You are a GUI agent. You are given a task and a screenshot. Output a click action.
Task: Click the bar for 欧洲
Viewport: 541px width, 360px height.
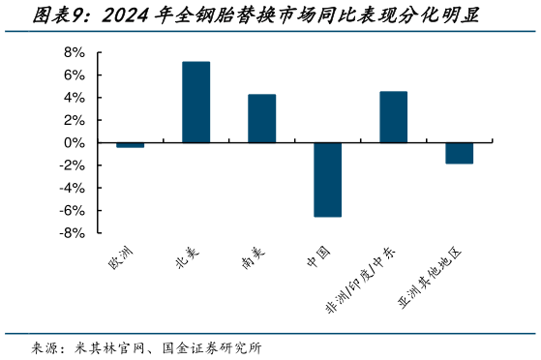(130, 145)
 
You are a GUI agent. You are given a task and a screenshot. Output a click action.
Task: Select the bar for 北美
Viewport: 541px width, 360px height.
(195, 103)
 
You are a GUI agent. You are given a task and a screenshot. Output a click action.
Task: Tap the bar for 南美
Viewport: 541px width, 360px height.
(261, 118)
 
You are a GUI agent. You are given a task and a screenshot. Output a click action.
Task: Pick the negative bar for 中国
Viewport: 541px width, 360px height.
(327, 179)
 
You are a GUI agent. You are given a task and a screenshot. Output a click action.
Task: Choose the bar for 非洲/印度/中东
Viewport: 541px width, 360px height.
(393, 117)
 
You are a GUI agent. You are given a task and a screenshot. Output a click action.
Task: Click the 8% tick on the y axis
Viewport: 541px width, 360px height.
(75, 52)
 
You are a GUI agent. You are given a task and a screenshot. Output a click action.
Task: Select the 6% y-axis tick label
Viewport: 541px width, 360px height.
(75, 75)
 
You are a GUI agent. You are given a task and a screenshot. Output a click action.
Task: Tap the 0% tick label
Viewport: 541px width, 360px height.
(75, 143)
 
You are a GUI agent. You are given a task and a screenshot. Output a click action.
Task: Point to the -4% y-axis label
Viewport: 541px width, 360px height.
(72, 188)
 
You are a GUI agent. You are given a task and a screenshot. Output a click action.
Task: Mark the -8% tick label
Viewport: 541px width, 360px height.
(72, 233)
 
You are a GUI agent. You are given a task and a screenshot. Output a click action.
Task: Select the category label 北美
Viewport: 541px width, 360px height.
(187, 258)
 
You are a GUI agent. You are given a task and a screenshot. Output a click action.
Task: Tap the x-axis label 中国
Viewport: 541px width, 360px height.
(319, 258)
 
